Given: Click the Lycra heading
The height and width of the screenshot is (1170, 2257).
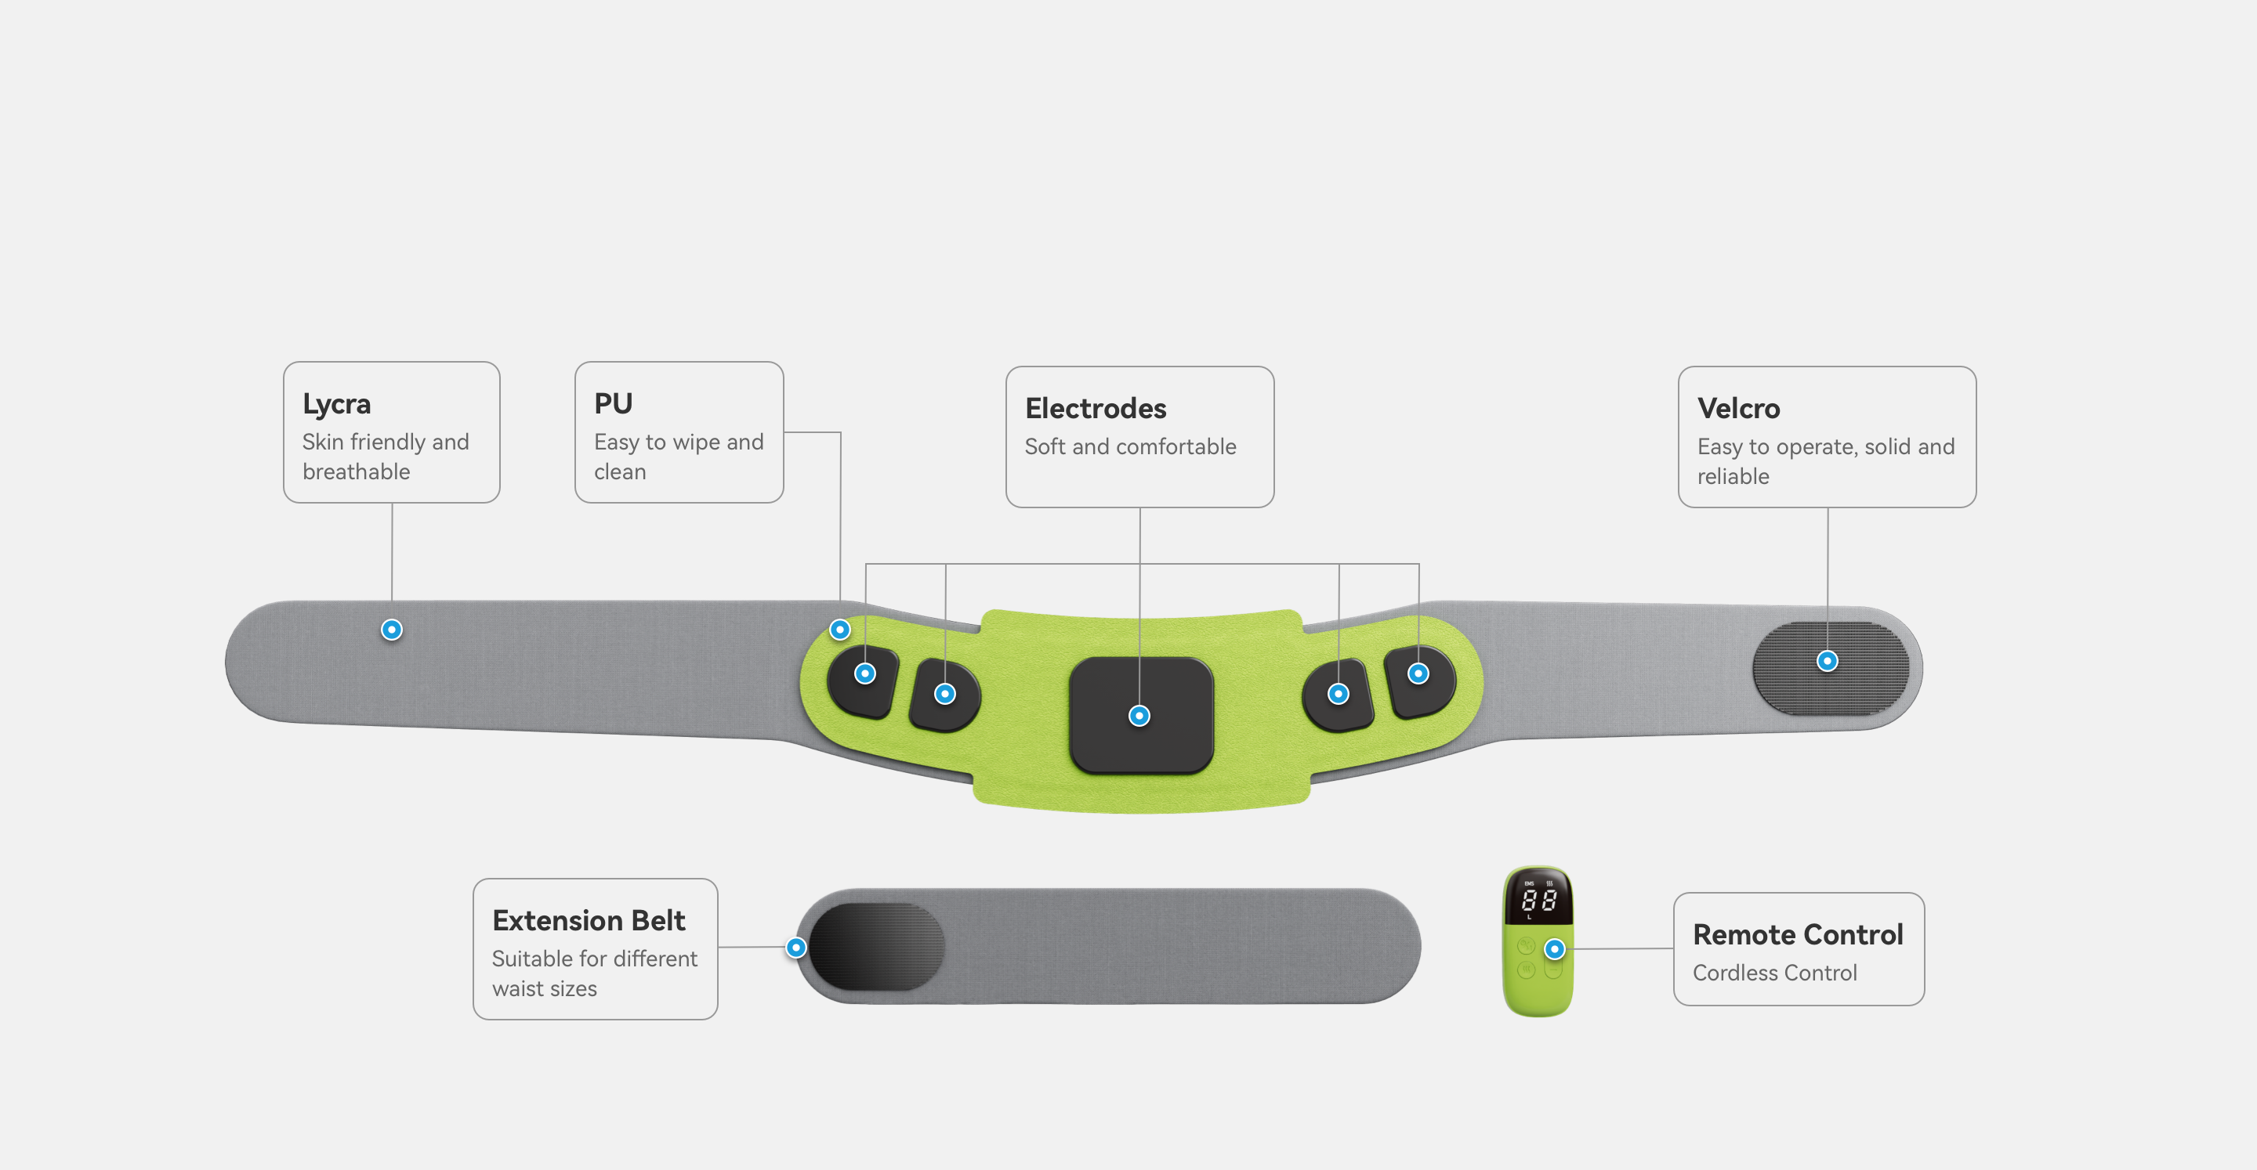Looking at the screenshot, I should click(x=336, y=404).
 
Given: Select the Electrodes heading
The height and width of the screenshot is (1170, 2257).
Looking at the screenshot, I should click(x=1096, y=408).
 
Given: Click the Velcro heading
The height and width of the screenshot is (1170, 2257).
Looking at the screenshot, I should click(x=1738, y=408).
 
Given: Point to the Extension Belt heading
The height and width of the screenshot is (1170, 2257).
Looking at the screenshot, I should click(x=588, y=920).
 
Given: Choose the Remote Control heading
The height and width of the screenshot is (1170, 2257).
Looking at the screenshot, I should click(x=1797, y=934).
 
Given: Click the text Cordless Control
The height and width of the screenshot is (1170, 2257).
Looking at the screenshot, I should click(x=1774, y=973).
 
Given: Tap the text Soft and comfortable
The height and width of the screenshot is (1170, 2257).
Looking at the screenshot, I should click(x=1130, y=446).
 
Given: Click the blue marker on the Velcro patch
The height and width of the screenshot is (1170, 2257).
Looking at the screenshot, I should click(x=1827, y=661).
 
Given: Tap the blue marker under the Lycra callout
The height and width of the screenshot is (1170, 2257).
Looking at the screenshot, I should click(x=392, y=630).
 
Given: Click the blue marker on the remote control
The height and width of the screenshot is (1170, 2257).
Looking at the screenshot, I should click(x=1554, y=948).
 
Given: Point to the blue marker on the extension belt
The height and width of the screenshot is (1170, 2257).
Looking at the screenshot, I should click(x=795, y=948).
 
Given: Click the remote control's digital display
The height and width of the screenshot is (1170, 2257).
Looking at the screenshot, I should click(x=1538, y=899).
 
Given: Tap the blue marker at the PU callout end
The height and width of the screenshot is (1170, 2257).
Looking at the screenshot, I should click(x=839, y=630).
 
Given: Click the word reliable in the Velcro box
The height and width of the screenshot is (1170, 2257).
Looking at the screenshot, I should click(x=1732, y=476).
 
